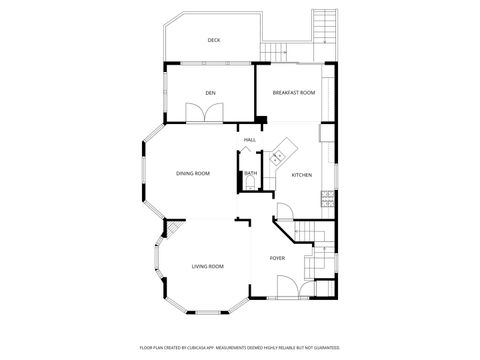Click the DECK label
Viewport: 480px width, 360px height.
213,40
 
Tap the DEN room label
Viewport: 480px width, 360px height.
211,93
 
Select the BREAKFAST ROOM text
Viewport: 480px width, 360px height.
294,93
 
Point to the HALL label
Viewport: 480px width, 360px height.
249,139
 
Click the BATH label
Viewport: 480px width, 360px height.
251,173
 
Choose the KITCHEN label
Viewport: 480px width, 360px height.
301,175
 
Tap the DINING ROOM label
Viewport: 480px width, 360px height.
193,174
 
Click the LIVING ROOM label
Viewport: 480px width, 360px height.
207,266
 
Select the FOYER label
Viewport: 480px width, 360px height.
277,258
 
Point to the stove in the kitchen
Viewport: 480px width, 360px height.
326,200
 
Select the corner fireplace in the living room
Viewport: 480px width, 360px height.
170,232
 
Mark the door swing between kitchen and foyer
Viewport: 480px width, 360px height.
284,212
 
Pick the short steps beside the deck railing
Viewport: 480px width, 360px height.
273,51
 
